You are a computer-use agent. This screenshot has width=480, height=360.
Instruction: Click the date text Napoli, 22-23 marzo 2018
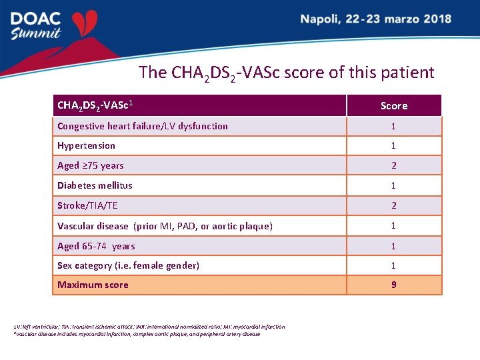(x=375, y=19)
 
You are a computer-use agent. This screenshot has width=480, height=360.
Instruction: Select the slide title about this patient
(x=286, y=73)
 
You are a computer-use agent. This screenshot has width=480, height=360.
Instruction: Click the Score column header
(x=394, y=105)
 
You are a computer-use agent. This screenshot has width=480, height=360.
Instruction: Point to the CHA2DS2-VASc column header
(x=97, y=105)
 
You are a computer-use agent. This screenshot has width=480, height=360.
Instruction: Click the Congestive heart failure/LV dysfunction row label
(x=143, y=126)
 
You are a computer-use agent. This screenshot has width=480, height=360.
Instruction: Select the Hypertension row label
(x=86, y=145)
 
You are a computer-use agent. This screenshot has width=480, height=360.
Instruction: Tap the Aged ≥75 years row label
(x=91, y=165)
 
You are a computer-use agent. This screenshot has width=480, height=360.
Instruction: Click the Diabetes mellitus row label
(x=95, y=185)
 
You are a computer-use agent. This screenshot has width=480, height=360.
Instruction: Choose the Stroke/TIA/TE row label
(x=87, y=205)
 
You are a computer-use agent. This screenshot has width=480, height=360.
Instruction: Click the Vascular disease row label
(x=165, y=226)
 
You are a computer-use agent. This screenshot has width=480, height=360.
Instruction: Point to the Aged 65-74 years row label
(x=96, y=246)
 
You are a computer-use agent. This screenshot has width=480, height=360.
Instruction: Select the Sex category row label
(x=128, y=265)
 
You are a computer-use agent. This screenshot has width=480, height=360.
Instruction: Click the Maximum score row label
(x=93, y=285)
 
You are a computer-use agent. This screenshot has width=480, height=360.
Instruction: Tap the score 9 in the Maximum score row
(x=393, y=285)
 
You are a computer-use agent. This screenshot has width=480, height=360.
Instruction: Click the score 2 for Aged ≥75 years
(x=393, y=165)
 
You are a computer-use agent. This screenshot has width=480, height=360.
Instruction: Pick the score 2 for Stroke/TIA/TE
(x=393, y=205)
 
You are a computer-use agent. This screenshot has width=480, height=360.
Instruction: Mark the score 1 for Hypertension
(x=393, y=145)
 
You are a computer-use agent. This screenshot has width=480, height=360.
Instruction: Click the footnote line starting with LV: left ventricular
(x=149, y=327)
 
